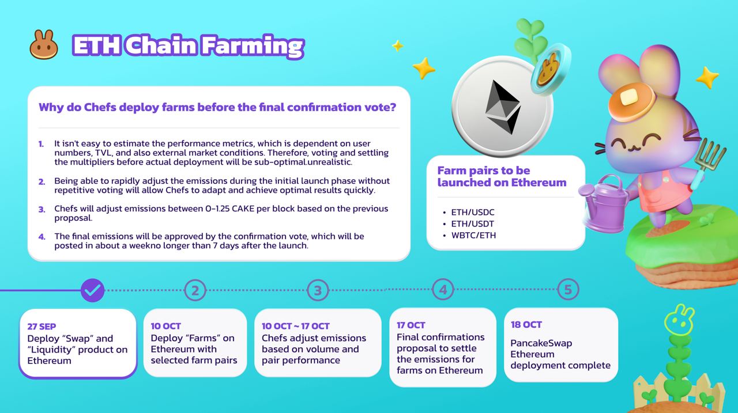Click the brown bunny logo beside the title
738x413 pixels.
[x=44, y=45]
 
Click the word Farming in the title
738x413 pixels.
[x=253, y=46]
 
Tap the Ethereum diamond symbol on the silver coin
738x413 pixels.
[x=502, y=107]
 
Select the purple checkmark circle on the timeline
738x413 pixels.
[x=93, y=290]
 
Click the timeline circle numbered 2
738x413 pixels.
[x=195, y=290]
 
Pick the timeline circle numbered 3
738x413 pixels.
[x=318, y=290]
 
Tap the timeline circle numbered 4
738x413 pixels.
[x=443, y=289]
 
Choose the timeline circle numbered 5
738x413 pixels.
[x=568, y=289]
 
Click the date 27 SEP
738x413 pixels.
[x=42, y=327]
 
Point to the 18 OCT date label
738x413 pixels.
[x=526, y=325]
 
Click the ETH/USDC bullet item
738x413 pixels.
[x=473, y=212]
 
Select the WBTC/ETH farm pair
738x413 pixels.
[x=473, y=235]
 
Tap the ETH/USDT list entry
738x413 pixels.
[x=472, y=223]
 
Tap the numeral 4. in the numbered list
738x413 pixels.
[x=42, y=237]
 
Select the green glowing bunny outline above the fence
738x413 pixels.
[x=679, y=319]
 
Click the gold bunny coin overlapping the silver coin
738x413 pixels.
[x=549, y=69]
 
